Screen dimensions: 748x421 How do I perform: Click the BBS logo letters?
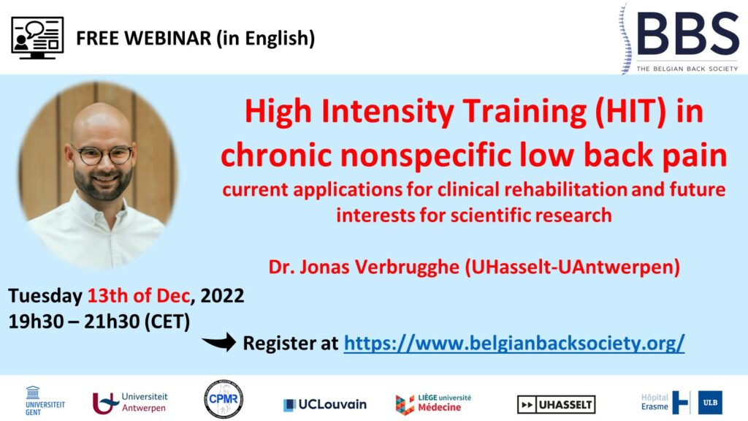tap(688, 34)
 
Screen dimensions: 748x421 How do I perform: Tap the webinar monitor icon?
tap(37, 38)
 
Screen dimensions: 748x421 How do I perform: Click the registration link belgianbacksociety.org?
tap(514, 344)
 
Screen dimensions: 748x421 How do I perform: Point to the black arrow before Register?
tap(219, 342)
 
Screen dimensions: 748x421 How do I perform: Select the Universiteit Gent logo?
tap(45, 401)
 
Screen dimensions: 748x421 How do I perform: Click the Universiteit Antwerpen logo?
tap(130, 403)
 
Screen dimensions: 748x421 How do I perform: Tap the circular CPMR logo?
tap(224, 400)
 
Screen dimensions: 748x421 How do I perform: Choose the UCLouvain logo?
tap(325, 405)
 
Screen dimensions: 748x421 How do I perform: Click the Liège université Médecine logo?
tap(433, 403)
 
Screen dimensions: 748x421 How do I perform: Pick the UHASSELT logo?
tap(556, 405)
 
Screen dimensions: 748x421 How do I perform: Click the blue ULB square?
tap(710, 403)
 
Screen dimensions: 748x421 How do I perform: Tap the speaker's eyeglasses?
tap(102, 155)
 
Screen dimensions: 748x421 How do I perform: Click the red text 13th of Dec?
tap(139, 296)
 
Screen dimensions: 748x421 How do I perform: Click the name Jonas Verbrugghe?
tap(380, 267)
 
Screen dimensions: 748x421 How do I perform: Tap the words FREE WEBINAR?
tap(144, 38)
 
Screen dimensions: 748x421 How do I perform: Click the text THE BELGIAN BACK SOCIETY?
tap(687, 69)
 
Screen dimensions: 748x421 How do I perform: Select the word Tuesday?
tap(45, 297)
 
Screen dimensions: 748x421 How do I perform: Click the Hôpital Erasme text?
tap(654, 402)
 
